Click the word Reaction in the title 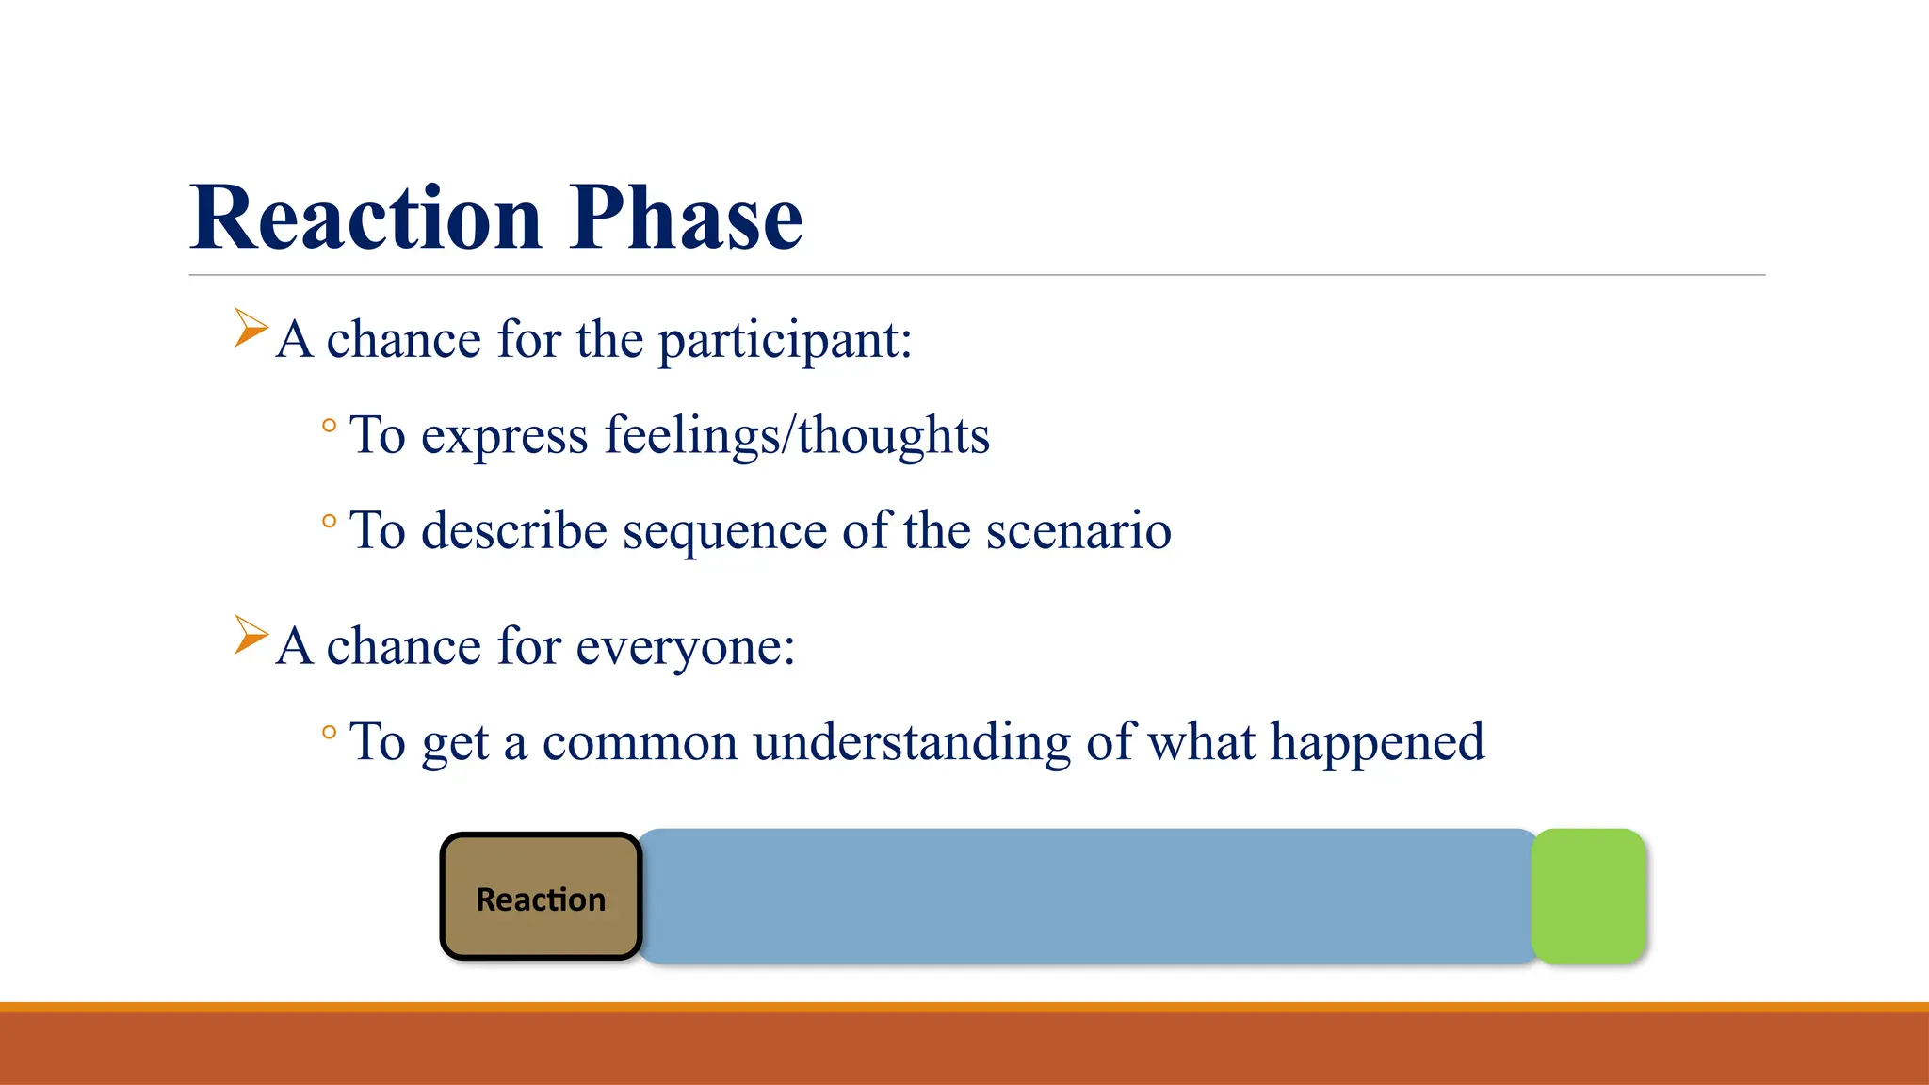click(x=365, y=219)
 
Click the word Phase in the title click(x=686, y=219)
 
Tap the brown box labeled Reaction click(x=541, y=897)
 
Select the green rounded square click(x=1588, y=896)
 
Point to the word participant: click(x=785, y=341)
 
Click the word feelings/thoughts click(x=797, y=436)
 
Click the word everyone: click(x=686, y=648)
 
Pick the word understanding click(x=912, y=742)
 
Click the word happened click(x=1377, y=742)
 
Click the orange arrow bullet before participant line click(x=251, y=328)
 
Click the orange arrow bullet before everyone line click(x=251, y=635)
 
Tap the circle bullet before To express click(x=329, y=426)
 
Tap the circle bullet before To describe click(x=329, y=521)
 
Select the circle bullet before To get click(x=329, y=732)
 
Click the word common click(x=640, y=742)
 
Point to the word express click(x=504, y=437)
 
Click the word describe click(x=514, y=530)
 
